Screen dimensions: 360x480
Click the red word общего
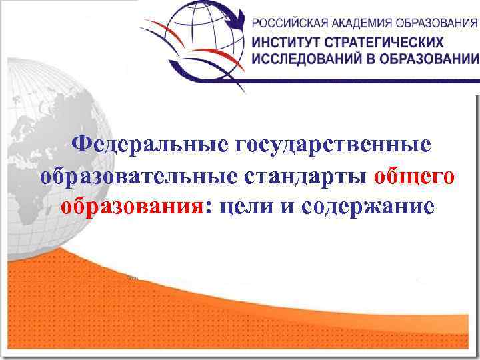click(x=415, y=177)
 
